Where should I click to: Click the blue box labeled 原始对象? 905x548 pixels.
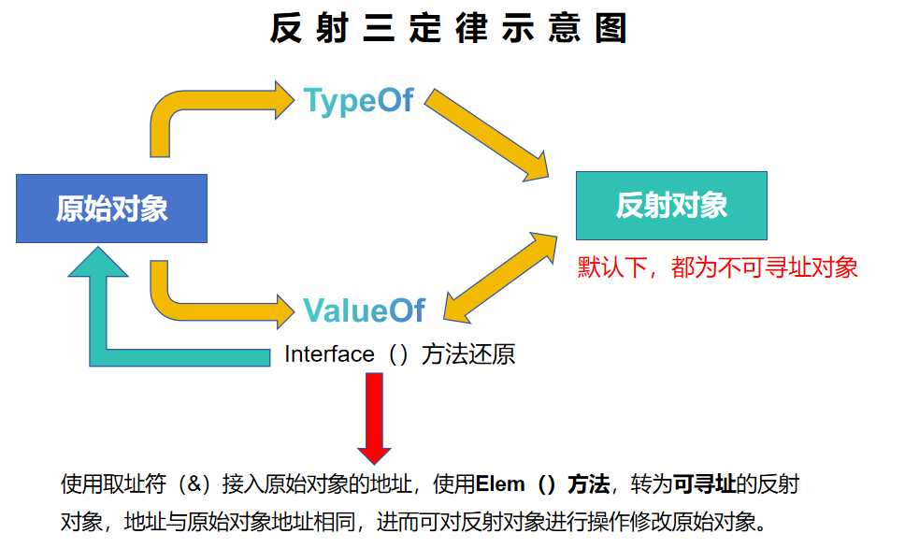[x=111, y=209]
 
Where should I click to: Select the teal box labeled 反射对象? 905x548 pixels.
[x=671, y=206]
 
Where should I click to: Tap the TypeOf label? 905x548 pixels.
[x=358, y=101]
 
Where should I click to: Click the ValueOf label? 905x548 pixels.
[x=364, y=310]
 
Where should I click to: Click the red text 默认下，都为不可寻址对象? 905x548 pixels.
[x=717, y=267]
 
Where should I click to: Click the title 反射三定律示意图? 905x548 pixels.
[x=448, y=29]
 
